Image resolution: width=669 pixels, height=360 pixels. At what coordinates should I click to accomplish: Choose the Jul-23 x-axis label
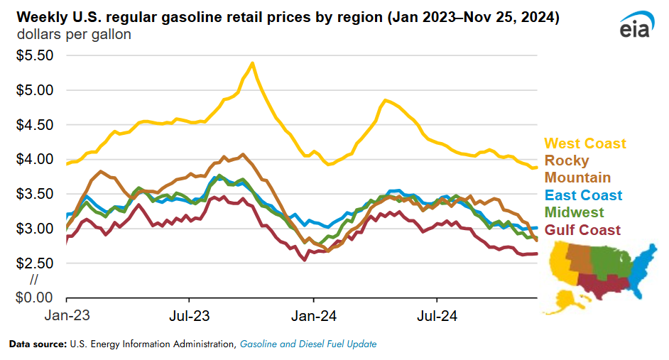(190, 314)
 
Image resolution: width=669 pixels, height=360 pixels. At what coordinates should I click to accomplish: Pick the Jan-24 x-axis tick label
(313, 314)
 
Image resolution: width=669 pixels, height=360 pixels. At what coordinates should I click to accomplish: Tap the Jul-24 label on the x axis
(437, 314)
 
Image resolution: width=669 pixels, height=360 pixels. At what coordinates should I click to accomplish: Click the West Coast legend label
(585, 143)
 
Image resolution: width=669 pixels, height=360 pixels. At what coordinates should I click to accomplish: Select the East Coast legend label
(583, 195)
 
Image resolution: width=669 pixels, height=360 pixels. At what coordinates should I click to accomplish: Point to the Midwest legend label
(574, 212)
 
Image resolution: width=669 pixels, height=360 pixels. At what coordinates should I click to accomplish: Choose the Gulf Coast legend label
(582, 230)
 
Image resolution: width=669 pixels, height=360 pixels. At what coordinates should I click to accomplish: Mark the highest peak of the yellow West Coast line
(252, 63)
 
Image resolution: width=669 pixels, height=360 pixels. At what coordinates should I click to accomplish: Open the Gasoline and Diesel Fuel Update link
(308, 344)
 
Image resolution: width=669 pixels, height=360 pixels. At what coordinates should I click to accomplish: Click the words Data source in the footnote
(38, 344)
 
